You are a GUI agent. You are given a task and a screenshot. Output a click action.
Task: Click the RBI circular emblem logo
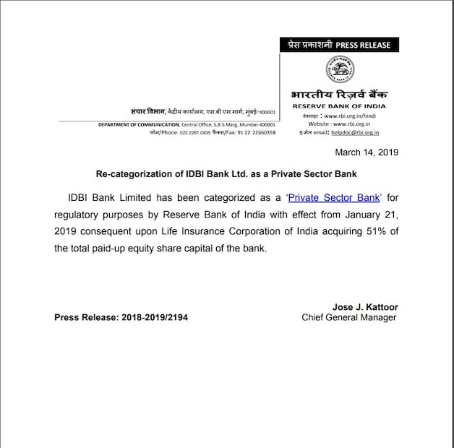tap(340, 69)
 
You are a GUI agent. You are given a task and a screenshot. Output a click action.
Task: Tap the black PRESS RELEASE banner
tap(339, 45)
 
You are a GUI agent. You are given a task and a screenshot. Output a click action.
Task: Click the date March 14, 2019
tap(367, 152)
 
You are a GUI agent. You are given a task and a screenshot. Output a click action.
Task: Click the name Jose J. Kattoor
tap(364, 306)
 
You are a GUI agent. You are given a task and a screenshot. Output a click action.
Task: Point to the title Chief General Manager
tap(349, 317)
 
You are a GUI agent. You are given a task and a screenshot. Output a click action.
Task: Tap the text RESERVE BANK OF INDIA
tap(339, 106)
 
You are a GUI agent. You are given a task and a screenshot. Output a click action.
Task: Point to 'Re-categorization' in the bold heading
tap(131, 175)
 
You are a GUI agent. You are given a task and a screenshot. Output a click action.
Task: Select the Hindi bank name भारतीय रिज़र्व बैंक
tap(339, 95)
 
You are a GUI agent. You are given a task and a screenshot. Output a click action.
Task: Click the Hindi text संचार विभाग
tap(148, 112)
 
